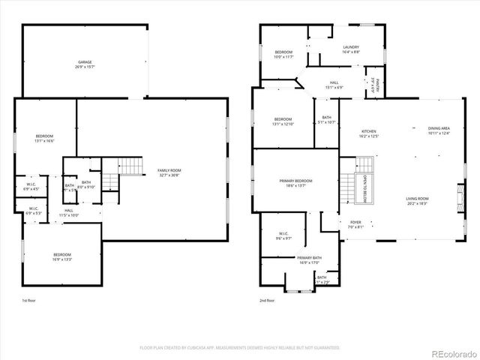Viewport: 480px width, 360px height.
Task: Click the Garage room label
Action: [84, 64]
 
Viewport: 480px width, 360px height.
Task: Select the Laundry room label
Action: [351, 49]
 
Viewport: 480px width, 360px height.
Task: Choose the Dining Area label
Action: [439, 130]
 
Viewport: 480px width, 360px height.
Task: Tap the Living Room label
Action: [417, 201]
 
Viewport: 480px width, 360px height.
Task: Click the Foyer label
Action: [355, 224]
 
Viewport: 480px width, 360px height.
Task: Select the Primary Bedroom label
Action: [295, 183]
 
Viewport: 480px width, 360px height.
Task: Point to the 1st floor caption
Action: [28, 300]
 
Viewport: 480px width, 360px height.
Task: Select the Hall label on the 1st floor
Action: [69, 212]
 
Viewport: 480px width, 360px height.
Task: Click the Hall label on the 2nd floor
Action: [334, 85]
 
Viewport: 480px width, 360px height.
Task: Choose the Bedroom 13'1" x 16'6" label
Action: [44, 138]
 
